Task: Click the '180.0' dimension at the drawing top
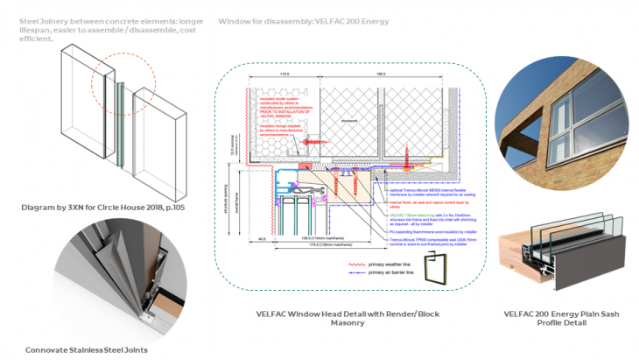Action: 380,75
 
